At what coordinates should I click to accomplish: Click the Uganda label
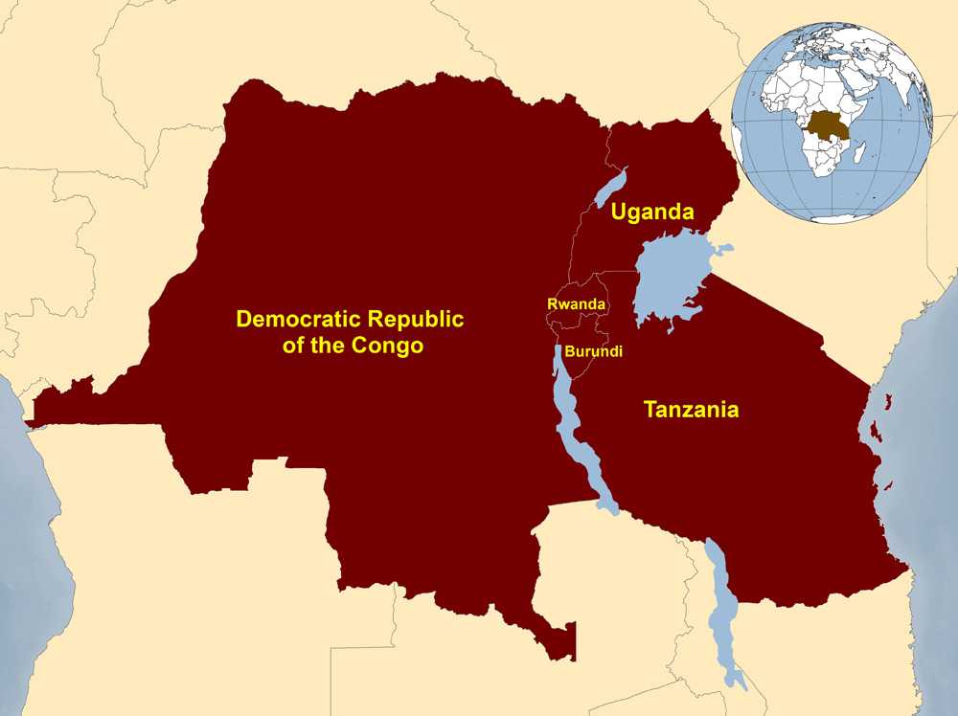coord(652,213)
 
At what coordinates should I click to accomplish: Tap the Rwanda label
coord(576,303)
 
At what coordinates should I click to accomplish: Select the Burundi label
coord(593,351)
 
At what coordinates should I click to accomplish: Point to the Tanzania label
coord(691,410)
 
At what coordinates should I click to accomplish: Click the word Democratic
coord(296,319)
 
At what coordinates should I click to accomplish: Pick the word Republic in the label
coord(413,319)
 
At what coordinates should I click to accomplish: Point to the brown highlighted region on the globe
coord(825,126)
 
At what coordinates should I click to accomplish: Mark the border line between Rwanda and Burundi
coord(580,330)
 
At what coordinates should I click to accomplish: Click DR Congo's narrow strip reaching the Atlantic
coord(57,407)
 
